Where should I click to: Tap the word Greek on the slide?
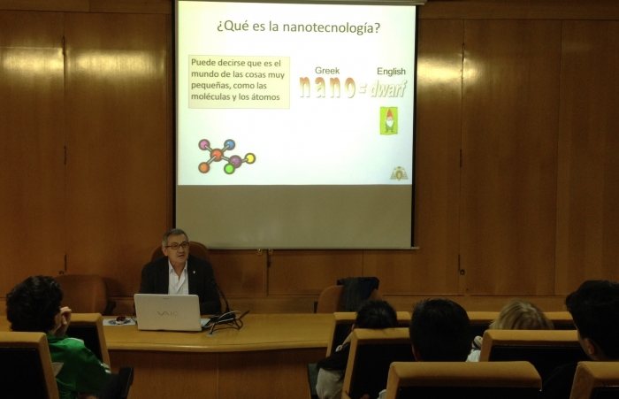(327, 71)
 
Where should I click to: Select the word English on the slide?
(391, 72)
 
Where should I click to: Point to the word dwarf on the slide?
(387, 88)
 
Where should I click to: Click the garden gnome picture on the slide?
(389, 120)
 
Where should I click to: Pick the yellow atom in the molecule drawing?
(250, 158)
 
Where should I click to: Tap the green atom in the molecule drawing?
(229, 169)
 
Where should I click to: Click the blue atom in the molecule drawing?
(229, 144)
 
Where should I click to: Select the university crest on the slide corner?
(399, 173)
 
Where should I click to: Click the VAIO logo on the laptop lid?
(166, 313)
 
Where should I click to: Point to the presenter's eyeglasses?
(177, 246)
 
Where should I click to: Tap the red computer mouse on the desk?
(120, 319)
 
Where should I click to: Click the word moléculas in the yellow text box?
(210, 96)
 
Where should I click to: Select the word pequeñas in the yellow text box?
(210, 86)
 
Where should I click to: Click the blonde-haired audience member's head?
(520, 316)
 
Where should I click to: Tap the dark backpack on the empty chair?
(358, 293)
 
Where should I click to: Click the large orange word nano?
(328, 88)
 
